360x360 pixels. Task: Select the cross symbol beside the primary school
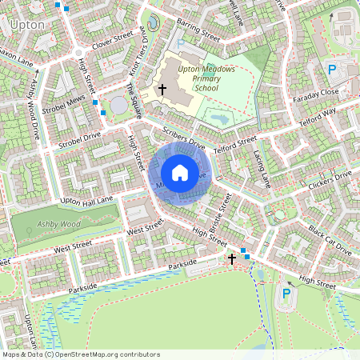(x=162, y=89)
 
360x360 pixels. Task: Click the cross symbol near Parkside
(x=232, y=259)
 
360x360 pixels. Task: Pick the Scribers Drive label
(x=183, y=140)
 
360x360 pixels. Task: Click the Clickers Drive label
(x=329, y=182)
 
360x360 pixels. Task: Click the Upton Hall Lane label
(x=88, y=198)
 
